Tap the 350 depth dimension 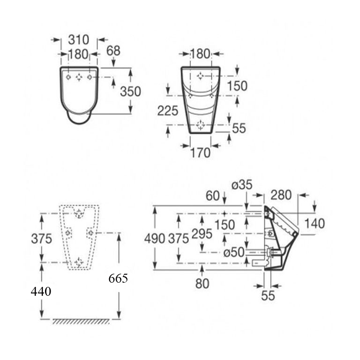click(x=130, y=91)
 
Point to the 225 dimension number click(x=168, y=111)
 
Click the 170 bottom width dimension click(x=200, y=152)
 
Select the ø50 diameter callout click(x=233, y=253)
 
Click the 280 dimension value click(x=281, y=195)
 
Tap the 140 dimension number click(x=314, y=224)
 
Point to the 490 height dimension click(x=154, y=238)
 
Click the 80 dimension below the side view click(x=202, y=283)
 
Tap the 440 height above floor click(x=41, y=292)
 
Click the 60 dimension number click(x=212, y=195)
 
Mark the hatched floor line click(x=81, y=322)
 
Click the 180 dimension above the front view click(x=200, y=54)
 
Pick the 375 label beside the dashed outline click(x=41, y=238)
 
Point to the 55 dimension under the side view click(x=268, y=296)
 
